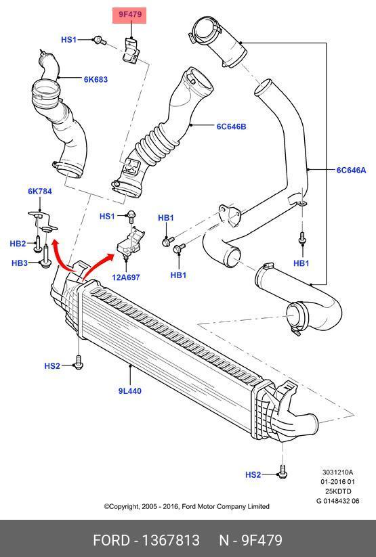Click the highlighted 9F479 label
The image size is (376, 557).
[129, 15]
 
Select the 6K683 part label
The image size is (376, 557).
[96, 79]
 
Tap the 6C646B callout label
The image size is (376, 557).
[231, 127]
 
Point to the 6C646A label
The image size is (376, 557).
[351, 170]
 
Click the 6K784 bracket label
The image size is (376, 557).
[40, 191]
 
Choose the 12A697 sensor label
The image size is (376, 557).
[126, 277]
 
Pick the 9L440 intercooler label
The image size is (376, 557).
[130, 391]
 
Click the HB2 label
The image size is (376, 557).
[18, 244]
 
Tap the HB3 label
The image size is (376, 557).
[20, 263]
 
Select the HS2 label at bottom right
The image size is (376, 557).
[253, 474]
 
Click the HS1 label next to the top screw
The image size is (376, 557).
[68, 39]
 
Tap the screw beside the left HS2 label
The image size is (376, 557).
[79, 361]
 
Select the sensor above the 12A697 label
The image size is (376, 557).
[130, 242]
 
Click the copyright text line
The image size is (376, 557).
[187, 506]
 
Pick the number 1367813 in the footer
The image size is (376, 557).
[171, 540]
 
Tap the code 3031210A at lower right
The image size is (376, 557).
[337, 472]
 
